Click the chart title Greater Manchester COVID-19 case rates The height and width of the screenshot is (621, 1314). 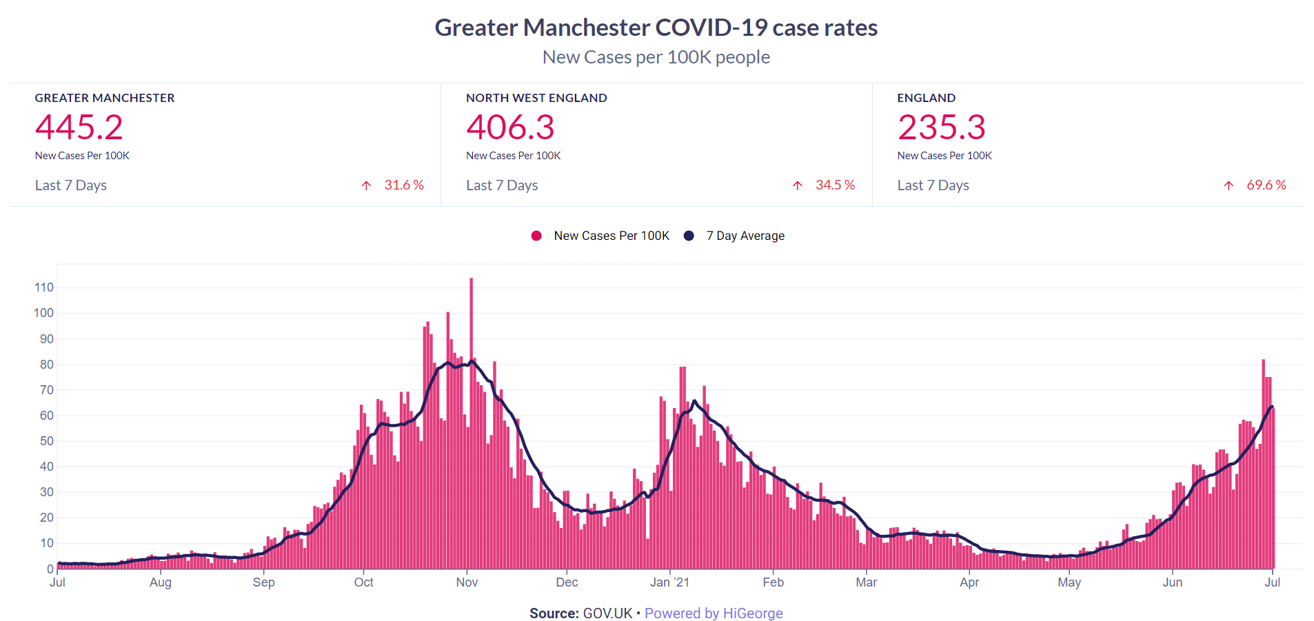pyautogui.click(x=656, y=28)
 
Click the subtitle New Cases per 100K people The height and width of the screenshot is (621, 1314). pyautogui.click(x=656, y=57)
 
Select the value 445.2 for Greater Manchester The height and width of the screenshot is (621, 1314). pyautogui.click(x=79, y=128)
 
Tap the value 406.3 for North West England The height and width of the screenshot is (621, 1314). pyautogui.click(x=510, y=128)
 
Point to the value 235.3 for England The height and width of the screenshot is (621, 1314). pyautogui.click(x=941, y=128)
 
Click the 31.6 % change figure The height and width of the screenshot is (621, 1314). pyautogui.click(x=404, y=185)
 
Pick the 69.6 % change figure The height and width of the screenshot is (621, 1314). pyautogui.click(x=1266, y=185)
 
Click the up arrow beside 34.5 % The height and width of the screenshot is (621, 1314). pyautogui.click(x=798, y=185)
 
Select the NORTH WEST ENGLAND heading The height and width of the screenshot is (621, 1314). pyautogui.click(x=536, y=98)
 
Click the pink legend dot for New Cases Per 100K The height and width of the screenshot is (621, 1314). pyautogui.click(x=536, y=236)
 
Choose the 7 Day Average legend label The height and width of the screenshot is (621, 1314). pyautogui.click(x=745, y=236)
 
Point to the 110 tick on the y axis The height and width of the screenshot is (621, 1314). pyautogui.click(x=44, y=287)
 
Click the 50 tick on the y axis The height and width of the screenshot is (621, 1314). pyautogui.click(x=46, y=441)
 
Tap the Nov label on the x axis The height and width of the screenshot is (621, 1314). pyautogui.click(x=467, y=582)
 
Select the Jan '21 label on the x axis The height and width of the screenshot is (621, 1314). pyautogui.click(x=669, y=582)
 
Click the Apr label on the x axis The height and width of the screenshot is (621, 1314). pyautogui.click(x=969, y=582)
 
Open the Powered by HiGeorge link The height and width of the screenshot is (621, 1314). pyautogui.click(x=714, y=613)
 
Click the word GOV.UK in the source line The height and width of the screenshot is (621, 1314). pyautogui.click(x=607, y=613)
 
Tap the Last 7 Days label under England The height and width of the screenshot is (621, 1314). pyautogui.click(x=933, y=185)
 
